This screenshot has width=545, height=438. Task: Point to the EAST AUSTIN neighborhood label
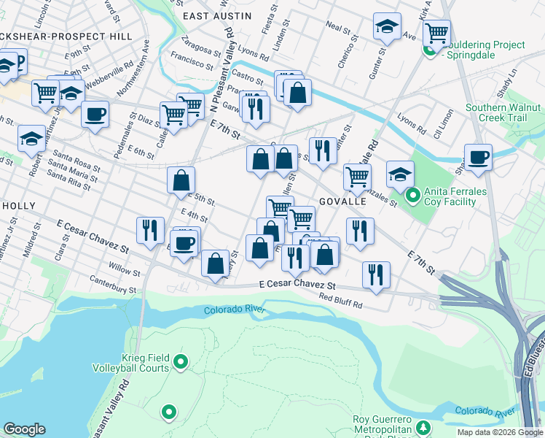(x=217, y=15)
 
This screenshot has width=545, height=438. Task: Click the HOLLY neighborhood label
(x=17, y=206)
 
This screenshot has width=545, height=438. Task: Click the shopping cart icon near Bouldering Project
(x=436, y=31)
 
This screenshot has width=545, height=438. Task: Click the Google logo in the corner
(x=24, y=430)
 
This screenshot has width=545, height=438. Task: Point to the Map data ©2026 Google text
(x=501, y=432)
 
